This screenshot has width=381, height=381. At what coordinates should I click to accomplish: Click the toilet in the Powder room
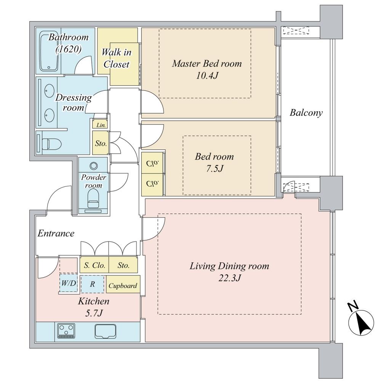(93, 198)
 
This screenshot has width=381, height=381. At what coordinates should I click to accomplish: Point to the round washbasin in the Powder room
(93, 166)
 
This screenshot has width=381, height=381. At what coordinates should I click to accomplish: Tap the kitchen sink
(105, 331)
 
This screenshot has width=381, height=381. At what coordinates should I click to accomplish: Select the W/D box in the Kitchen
(68, 283)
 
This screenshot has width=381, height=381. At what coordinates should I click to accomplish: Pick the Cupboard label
(123, 285)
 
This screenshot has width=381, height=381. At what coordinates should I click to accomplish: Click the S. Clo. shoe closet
(94, 265)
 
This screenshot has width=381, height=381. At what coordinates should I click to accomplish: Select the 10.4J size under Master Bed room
(207, 75)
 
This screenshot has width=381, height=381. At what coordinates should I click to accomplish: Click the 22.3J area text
(229, 278)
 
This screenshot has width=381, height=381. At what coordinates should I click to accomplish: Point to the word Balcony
(306, 113)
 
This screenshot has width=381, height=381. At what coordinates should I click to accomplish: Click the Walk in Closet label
(117, 58)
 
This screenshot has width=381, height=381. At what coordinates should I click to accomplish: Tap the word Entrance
(56, 234)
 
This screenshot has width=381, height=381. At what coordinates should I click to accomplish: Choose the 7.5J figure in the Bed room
(214, 169)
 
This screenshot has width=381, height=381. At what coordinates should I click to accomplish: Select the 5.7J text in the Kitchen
(93, 313)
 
